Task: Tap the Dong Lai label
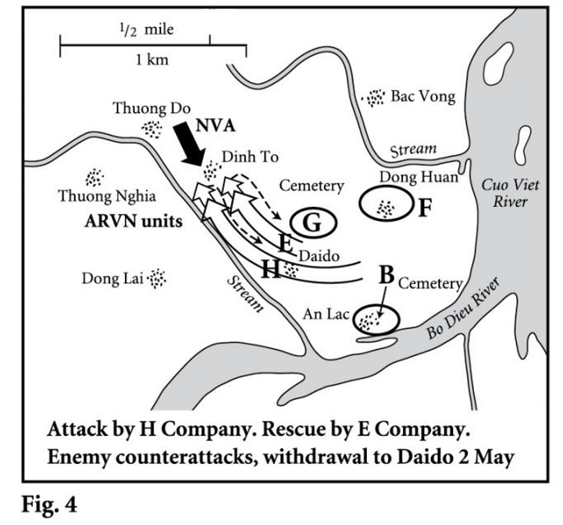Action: pyautogui.click(x=112, y=279)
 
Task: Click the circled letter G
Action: pyautogui.click(x=313, y=223)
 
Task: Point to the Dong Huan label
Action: pyautogui.click(x=420, y=178)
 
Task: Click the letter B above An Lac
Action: pyautogui.click(x=386, y=274)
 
